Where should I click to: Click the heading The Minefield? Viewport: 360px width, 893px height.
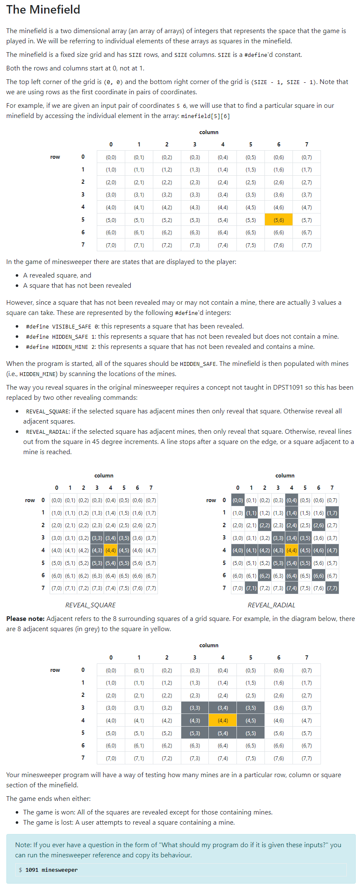43,9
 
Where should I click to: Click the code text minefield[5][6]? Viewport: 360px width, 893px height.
205,116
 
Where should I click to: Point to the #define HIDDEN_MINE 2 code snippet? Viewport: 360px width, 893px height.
61,347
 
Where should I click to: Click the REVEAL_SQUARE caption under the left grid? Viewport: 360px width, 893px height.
90,605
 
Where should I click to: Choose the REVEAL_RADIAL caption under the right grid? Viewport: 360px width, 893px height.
271,605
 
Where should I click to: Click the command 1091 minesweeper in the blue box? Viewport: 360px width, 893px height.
51,870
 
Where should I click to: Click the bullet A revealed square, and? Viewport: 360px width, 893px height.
57,275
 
